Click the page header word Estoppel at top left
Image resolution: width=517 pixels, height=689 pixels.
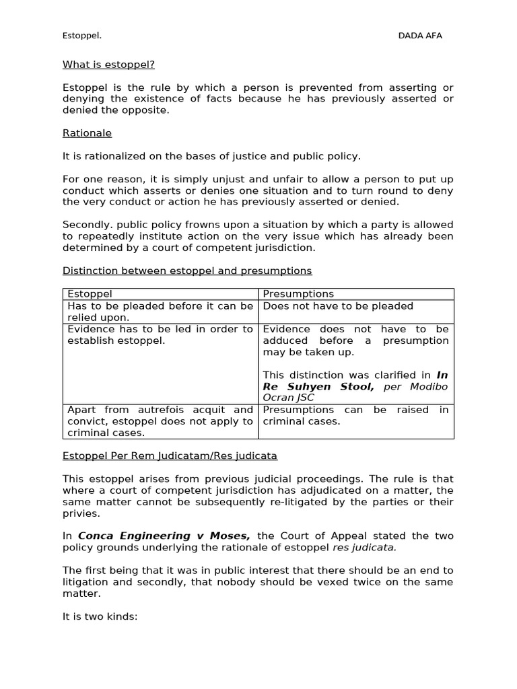point(82,36)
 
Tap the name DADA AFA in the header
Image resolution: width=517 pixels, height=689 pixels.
point(420,36)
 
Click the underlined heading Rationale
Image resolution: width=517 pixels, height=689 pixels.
point(87,133)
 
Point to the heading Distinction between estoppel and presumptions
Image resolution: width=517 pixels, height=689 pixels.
point(187,270)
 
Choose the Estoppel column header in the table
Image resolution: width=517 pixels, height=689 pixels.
point(90,294)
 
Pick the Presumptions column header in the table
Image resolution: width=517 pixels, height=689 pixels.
point(298,294)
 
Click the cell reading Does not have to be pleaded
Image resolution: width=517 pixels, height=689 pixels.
point(338,306)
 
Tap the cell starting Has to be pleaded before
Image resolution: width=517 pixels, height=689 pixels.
point(160,312)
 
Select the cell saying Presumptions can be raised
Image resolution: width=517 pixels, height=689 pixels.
point(355,415)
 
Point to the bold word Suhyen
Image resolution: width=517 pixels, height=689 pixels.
point(314,387)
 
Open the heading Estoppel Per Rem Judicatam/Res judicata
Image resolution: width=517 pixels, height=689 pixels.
point(170,456)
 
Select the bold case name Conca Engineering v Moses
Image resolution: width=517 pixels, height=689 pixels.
point(164,536)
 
